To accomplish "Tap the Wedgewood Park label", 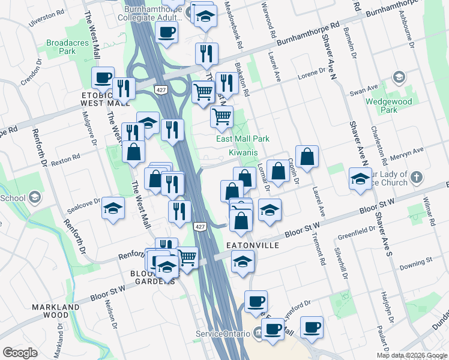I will click(x=389, y=106).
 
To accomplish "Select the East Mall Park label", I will click(x=243, y=139).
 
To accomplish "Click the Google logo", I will click(x=20, y=353).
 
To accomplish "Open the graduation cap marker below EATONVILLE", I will click(x=243, y=262).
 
